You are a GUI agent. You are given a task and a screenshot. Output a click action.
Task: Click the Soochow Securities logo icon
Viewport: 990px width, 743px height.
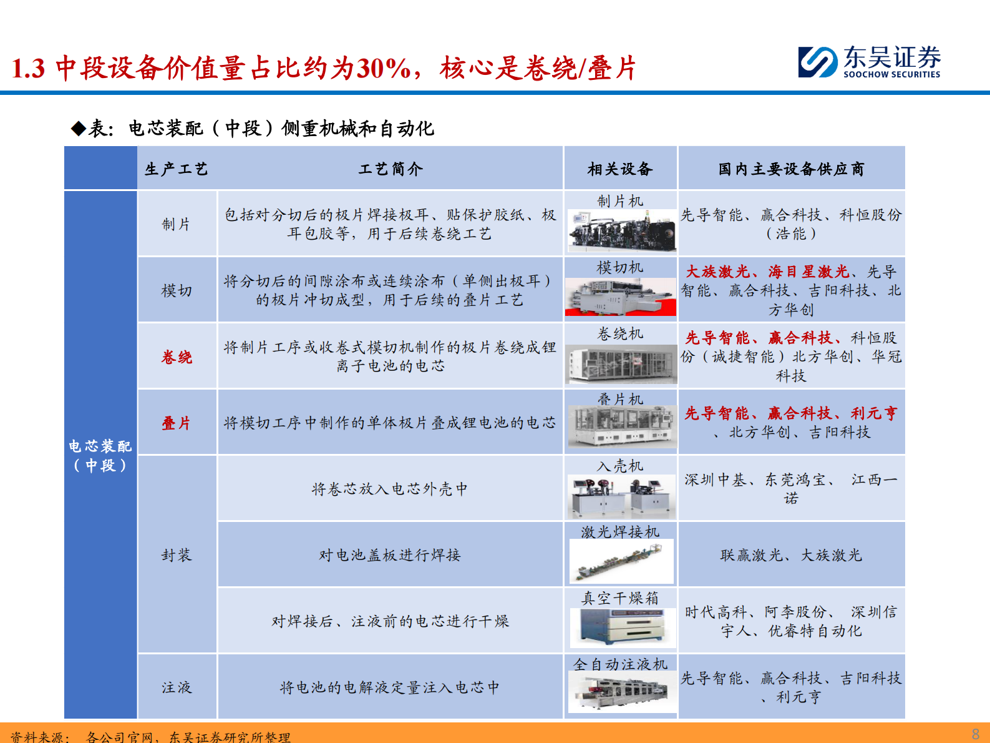[x=818, y=62]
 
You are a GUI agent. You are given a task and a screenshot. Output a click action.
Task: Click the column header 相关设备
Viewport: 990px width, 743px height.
[x=620, y=169]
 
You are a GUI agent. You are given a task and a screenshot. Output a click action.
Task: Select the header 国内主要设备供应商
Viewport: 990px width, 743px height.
[x=791, y=169]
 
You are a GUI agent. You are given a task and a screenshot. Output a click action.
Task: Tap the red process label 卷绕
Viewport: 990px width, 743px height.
[x=177, y=357]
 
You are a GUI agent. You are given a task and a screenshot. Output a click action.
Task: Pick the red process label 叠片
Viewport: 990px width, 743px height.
[x=177, y=423]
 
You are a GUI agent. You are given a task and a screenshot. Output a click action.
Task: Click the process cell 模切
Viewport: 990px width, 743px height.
[x=177, y=290]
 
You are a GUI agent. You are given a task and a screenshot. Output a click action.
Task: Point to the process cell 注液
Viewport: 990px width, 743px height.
[x=177, y=687]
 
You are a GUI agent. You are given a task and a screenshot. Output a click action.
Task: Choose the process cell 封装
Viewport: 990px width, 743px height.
[x=177, y=555]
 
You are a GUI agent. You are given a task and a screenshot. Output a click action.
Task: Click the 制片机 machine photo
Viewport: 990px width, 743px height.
[x=621, y=230]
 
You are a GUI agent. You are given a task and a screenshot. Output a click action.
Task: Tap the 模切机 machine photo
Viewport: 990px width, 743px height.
[x=620, y=296]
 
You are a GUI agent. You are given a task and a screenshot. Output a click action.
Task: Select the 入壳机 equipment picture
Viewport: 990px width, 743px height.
[x=621, y=496]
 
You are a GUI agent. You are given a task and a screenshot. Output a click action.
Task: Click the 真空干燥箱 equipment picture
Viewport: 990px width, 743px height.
[x=621, y=626]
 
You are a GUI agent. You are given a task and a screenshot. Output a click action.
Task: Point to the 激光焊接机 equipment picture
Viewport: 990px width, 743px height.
[x=621, y=561]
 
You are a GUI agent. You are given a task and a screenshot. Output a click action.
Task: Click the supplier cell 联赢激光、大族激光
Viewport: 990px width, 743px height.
[x=791, y=555]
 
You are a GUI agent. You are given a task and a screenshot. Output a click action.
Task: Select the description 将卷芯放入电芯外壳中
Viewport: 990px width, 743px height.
[x=389, y=489]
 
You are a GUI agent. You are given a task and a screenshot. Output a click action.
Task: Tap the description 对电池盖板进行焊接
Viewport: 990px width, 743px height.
[x=389, y=555]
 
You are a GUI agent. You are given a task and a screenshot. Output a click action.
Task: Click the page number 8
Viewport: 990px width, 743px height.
[x=976, y=734]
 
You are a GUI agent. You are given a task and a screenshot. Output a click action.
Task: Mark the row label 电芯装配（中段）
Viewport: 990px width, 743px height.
[x=100, y=455]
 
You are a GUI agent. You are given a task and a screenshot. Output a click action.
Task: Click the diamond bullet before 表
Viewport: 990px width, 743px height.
[x=79, y=129]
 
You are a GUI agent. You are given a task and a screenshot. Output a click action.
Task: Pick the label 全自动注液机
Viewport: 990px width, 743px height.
[x=620, y=664]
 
